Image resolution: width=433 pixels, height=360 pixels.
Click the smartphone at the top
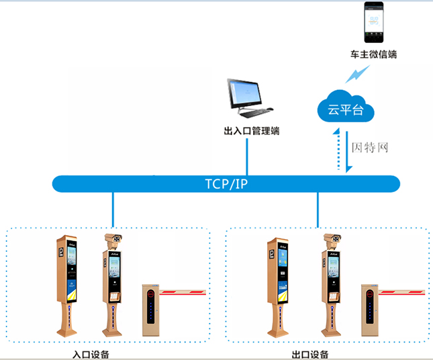pyautogui.click(x=374, y=21)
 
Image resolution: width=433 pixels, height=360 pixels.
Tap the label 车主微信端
pyautogui.click(x=374, y=54)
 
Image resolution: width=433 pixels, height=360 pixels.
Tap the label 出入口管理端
pyautogui.click(x=252, y=131)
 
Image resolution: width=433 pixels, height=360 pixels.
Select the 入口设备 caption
pyautogui.click(x=91, y=354)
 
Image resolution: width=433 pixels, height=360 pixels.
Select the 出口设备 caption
pyautogui.click(x=311, y=354)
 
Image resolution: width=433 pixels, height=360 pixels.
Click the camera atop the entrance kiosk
pyautogui.click(x=112, y=240)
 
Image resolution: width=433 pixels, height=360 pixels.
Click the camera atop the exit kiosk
pyautogui.click(x=331, y=240)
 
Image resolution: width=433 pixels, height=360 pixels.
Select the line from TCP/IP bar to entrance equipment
pyautogui.click(x=113, y=209)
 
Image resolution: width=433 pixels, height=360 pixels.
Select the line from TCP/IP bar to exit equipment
pyautogui.click(x=318, y=209)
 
